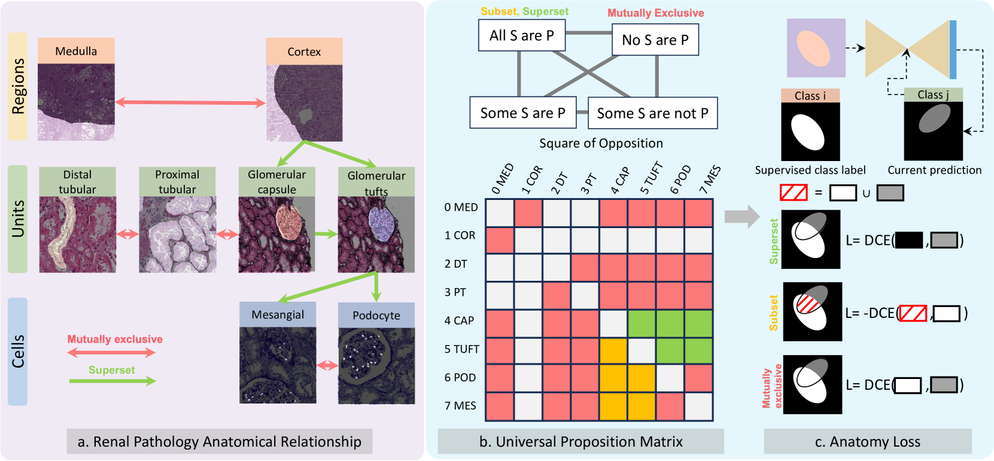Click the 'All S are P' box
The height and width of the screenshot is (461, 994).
pyautogui.click(x=522, y=36)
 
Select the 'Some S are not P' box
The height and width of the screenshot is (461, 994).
pyautogui.click(x=652, y=113)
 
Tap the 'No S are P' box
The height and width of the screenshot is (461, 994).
pyautogui.click(x=655, y=40)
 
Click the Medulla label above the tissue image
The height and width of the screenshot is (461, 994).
pyautogui.click(x=76, y=51)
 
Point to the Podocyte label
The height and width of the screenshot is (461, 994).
pyautogui.click(x=376, y=316)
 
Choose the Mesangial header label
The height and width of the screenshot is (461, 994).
pyautogui.click(x=278, y=315)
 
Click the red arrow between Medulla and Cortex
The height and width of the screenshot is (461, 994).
pyautogui.click(x=190, y=103)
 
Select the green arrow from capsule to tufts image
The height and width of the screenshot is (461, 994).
pyautogui.click(x=326, y=234)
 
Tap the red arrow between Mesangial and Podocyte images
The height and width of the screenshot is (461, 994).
pyautogui.click(x=327, y=365)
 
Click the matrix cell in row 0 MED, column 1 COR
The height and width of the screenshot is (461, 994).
pyautogui.click(x=528, y=213)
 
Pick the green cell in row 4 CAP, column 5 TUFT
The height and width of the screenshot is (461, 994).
pyautogui.click(x=642, y=324)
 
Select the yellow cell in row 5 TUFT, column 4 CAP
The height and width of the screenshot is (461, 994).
pyautogui.click(x=613, y=351)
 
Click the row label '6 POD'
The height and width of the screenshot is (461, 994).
pyautogui.click(x=460, y=378)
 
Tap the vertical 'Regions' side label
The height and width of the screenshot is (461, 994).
pyautogui.click(x=18, y=86)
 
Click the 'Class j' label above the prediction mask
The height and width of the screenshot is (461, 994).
pyautogui.click(x=933, y=95)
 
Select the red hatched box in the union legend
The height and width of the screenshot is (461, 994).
pyautogui.click(x=794, y=193)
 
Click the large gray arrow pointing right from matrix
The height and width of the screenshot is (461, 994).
pyautogui.click(x=741, y=216)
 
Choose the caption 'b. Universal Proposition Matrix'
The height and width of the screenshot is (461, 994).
pyautogui.click(x=580, y=442)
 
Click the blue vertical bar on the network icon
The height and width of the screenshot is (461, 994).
pyautogui.click(x=953, y=50)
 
